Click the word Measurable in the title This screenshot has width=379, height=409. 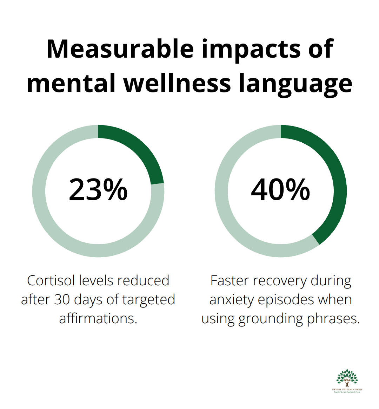click(120, 49)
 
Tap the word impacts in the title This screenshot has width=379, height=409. click(251, 49)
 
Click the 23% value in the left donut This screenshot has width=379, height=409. click(98, 190)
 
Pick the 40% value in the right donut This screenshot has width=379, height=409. click(281, 190)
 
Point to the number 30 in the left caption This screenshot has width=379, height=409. click(62, 300)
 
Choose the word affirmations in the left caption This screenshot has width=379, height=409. click(98, 319)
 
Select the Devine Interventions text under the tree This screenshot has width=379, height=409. click(347, 390)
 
